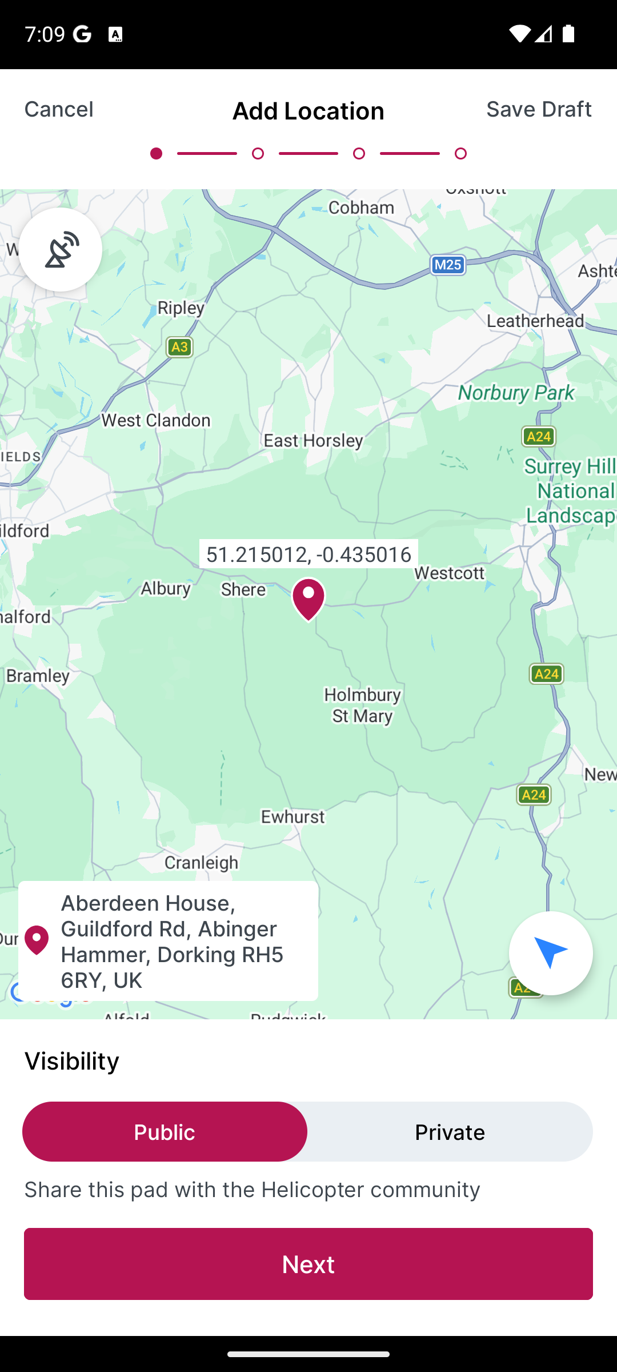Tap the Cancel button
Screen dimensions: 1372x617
59,109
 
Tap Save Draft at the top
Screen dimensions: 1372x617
538,109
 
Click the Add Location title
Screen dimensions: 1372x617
308,111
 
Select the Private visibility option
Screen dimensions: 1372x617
450,1132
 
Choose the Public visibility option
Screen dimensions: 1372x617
165,1132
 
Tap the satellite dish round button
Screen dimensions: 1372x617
61,250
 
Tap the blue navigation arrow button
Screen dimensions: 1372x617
550,953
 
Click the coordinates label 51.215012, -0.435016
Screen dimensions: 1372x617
308,554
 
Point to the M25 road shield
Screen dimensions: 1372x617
448,265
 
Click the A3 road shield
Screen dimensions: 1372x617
179,347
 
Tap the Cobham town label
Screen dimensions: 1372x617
361,208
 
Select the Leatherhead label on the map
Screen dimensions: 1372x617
535,321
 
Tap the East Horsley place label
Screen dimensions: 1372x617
313,441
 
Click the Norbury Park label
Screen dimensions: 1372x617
516,393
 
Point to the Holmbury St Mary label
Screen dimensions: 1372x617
362,705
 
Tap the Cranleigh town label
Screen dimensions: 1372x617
201,863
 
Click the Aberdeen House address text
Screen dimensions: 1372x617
172,941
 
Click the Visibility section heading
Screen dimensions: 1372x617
72,1061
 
